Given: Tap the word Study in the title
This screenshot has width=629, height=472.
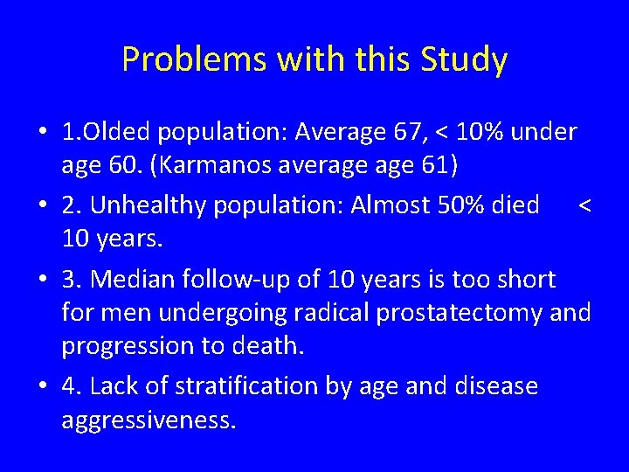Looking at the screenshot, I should pyautogui.click(x=464, y=60).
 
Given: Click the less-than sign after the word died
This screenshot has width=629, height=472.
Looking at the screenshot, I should pyautogui.click(x=584, y=205).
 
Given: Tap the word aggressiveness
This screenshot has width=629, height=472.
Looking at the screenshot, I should pyautogui.click(x=148, y=419).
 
